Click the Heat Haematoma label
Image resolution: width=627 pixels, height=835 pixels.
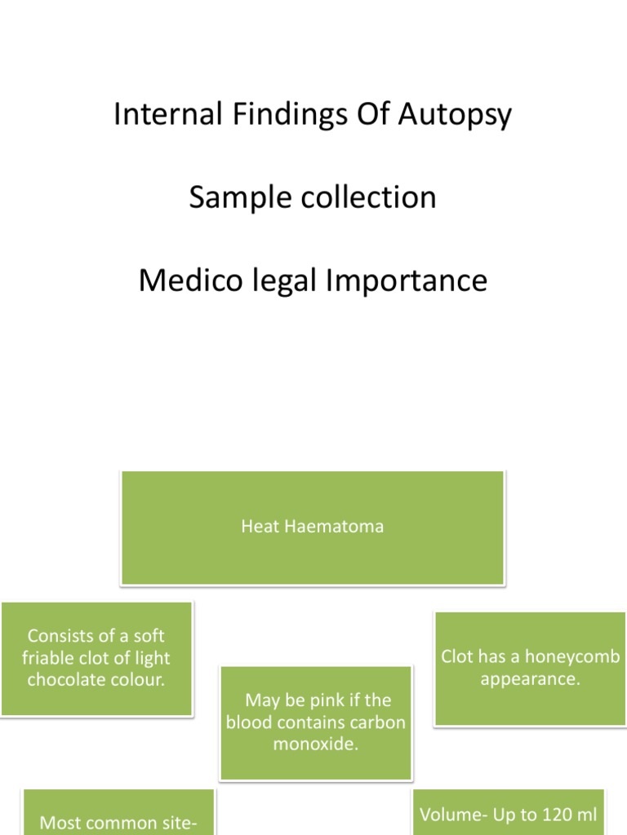312,527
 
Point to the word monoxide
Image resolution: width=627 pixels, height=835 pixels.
315,744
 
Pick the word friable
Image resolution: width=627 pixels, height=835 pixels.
51,658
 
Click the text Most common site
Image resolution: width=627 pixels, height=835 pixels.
118,823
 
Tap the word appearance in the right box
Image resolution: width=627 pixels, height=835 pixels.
530,678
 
